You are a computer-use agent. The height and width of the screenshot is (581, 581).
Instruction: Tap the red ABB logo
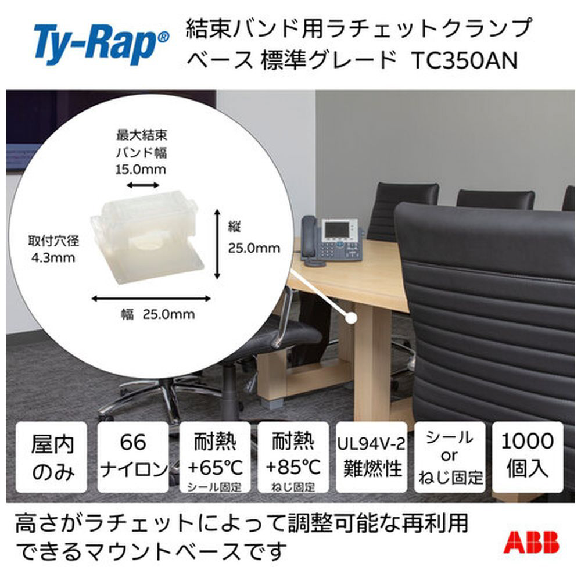[x=531, y=543]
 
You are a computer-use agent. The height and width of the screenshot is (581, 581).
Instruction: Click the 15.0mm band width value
[x=141, y=169]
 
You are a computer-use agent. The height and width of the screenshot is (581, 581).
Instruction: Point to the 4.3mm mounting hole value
[x=53, y=257]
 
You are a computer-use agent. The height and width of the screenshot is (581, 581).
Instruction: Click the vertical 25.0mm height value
[x=254, y=248]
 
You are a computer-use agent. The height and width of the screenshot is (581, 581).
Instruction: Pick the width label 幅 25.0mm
[x=158, y=314]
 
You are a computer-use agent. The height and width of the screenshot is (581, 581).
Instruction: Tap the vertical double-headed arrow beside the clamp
[x=217, y=244]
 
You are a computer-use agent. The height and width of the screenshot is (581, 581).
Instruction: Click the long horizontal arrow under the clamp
[x=151, y=299]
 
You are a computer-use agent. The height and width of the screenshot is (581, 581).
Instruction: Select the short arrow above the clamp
[x=143, y=185]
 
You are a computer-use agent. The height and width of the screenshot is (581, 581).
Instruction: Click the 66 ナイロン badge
[x=133, y=457]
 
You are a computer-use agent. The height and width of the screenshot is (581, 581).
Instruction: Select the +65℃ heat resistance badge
[x=215, y=457]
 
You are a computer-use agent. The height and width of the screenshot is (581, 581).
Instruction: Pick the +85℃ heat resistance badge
[x=293, y=457]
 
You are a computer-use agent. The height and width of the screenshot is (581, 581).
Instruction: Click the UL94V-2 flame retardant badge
[x=371, y=457]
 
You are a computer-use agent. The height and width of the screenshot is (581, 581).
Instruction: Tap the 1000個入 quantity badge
[x=528, y=457]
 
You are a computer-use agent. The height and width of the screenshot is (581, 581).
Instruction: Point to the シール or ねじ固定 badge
[x=450, y=457]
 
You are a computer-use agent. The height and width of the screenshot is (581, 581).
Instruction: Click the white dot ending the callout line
[x=350, y=318]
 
